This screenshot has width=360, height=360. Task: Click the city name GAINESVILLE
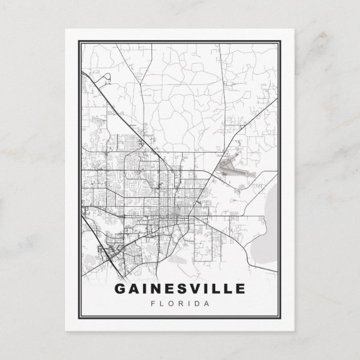(x=179, y=289)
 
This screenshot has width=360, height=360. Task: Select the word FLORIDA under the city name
(x=179, y=304)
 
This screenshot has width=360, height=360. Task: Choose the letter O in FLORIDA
(x=170, y=304)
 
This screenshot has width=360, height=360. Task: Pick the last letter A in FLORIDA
(x=206, y=304)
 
